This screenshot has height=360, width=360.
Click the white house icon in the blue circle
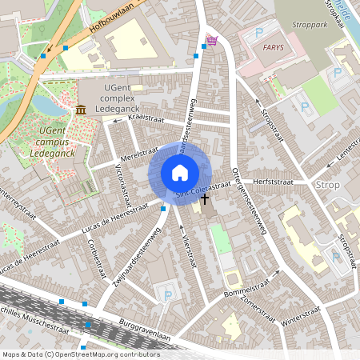coord(180,172)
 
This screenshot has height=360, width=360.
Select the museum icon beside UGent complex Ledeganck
coord(81,109)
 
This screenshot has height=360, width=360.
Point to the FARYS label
coord(273,47)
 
